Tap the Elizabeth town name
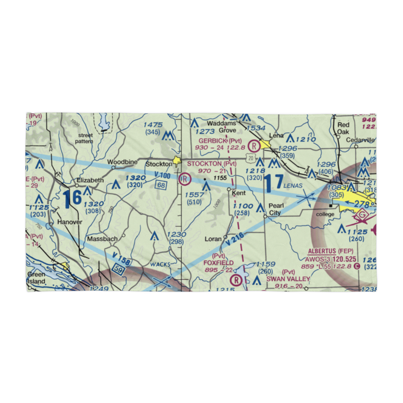click(90, 180)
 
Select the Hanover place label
click(69, 222)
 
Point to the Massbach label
click(102, 239)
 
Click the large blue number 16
click(73, 198)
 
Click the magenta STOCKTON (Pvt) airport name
click(212, 164)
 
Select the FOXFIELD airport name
click(218, 263)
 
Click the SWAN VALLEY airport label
click(288, 279)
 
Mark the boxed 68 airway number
click(162, 184)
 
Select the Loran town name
click(213, 239)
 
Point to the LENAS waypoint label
click(293, 186)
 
